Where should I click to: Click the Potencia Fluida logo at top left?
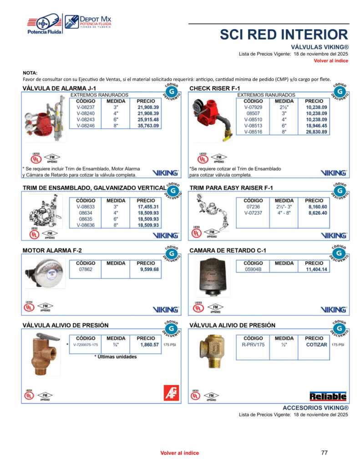coord(44,25)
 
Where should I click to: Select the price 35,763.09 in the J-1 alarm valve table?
coord(148,126)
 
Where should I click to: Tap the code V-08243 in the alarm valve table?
coord(86,119)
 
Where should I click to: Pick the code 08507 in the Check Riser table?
coord(253,113)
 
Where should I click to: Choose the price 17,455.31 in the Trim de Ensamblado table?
coord(148,207)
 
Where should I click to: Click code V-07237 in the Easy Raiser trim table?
coord(253,213)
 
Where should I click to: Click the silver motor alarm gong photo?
coord(44,273)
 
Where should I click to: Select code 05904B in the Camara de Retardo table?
coord(253,269)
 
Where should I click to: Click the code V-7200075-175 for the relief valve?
coord(86,345)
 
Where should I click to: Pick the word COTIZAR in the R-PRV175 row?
coord(316,345)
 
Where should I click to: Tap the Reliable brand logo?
coord(328,396)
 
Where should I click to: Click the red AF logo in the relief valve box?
coord(171,393)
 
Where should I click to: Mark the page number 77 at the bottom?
coord(324,453)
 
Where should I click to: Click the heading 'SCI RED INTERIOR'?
coord(284,35)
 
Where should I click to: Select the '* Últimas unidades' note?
coord(116,357)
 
